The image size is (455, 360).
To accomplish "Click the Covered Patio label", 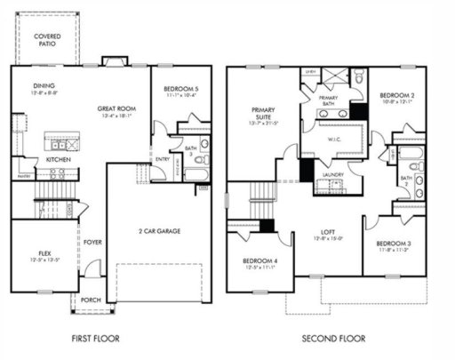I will (47, 38).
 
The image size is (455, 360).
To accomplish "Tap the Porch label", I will (91, 300).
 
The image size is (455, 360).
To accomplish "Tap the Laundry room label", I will (334, 174).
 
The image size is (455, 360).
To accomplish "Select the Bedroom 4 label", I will (259, 260).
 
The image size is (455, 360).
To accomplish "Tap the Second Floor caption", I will (334, 339).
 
